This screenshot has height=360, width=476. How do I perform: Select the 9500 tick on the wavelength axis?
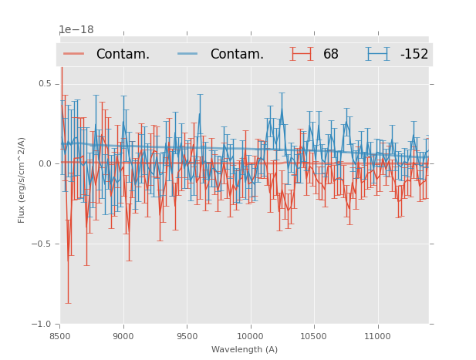(x=186, y=336)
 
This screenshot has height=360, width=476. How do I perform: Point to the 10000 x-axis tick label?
(x=249, y=336)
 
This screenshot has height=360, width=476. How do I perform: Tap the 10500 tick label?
(x=312, y=336)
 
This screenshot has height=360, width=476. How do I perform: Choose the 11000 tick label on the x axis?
(x=376, y=336)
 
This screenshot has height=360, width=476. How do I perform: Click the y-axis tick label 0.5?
(x=45, y=83)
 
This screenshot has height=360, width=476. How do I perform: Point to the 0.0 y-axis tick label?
(x=45, y=163)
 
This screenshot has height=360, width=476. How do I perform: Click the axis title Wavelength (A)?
(x=245, y=350)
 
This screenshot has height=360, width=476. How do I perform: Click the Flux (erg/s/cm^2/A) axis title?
(x=22, y=180)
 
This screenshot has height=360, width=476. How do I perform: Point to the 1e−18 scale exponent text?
(x=76, y=30)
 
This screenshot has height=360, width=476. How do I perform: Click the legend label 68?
(x=331, y=54)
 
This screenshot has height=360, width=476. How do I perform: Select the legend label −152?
(x=414, y=54)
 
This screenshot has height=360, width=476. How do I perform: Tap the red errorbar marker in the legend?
(x=302, y=54)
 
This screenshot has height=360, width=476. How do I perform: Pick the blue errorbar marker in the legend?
(x=377, y=54)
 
